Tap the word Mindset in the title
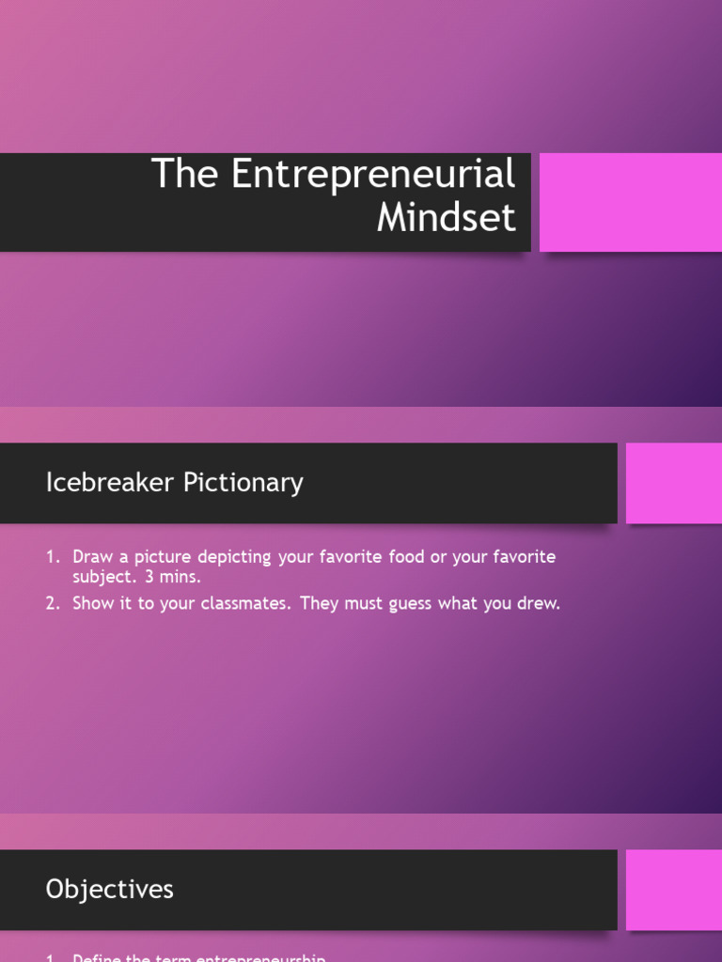click(446, 218)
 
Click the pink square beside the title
click(630, 202)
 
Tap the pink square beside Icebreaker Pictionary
click(673, 483)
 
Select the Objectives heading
click(109, 890)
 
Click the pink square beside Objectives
click(673, 890)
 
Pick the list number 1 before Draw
click(52, 557)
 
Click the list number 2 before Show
click(52, 604)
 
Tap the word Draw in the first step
click(93, 557)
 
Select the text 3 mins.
click(173, 577)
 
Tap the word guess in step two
click(407, 604)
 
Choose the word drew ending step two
click(537, 604)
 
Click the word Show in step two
click(94, 604)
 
